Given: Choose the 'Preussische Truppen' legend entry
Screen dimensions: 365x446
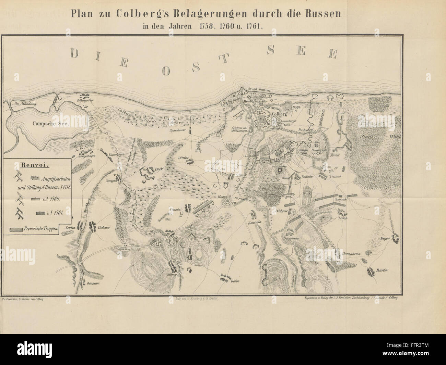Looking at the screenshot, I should pos(44,228).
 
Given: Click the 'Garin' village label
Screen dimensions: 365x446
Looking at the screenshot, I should pos(234,281).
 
